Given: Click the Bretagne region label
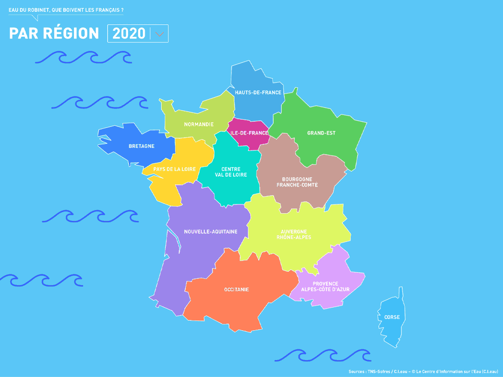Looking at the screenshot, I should point(141,146).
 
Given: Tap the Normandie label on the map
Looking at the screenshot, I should point(199,124).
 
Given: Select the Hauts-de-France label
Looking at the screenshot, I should point(258,92).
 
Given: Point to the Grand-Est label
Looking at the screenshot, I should point(321,133).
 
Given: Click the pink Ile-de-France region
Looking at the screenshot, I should point(249,133).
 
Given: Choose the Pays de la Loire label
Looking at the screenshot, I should point(174,169).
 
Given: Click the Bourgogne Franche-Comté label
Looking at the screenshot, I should point(297,182).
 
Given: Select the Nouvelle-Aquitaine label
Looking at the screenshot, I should point(211,232).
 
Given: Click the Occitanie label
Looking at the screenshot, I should point(237,290).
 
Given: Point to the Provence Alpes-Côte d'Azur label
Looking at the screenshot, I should point(325,287).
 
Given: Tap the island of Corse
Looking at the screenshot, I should point(392,317).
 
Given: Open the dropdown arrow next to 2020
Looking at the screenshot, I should point(159,34).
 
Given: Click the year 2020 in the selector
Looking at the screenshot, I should point(129,34).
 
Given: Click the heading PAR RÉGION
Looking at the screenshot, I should point(54,33).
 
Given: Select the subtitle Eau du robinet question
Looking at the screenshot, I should point(66,10).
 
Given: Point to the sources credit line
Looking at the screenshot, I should point(423,371).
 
